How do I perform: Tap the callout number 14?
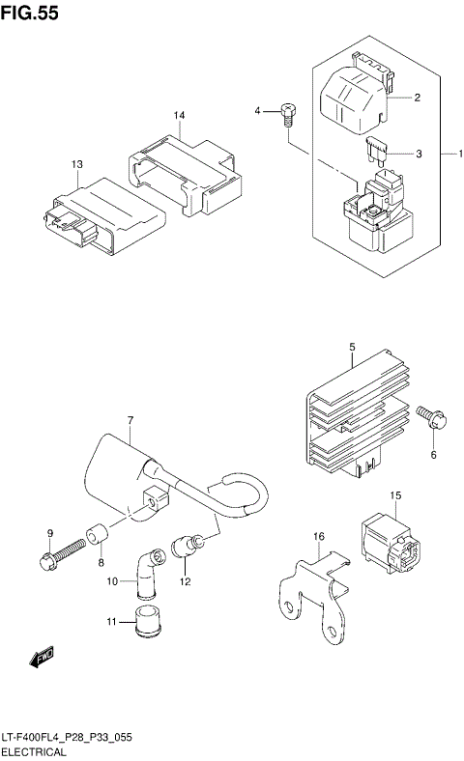click(179, 116)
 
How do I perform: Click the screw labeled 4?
click(285, 115)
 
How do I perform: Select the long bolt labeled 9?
click(58, 558)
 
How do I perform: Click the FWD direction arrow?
click(42, 659)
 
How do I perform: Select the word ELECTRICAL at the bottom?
click(34, 750)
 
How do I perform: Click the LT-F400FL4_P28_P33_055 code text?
click(67, 737)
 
